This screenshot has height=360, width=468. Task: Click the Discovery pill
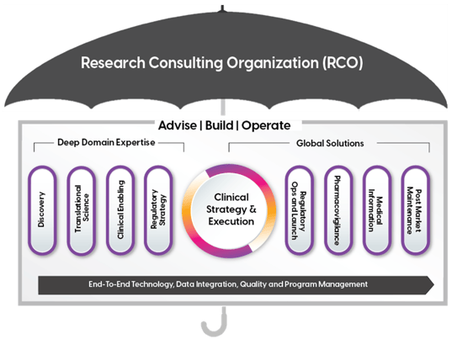(42, 210)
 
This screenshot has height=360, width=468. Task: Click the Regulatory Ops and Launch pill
(300, 210)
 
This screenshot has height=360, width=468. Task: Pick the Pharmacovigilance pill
(339, 210)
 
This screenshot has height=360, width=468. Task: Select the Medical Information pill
(377, 210)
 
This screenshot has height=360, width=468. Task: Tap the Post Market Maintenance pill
(417, 210)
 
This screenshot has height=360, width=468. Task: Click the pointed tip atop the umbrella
(223, 7)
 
